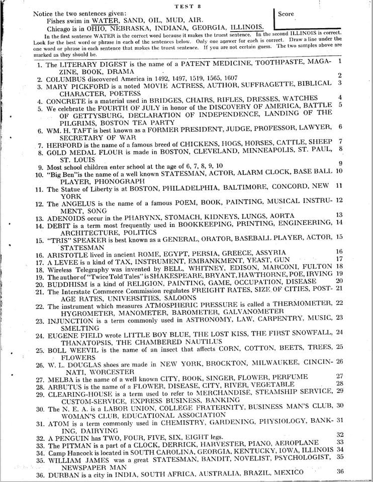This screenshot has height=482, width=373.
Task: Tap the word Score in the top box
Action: click(286, 14)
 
